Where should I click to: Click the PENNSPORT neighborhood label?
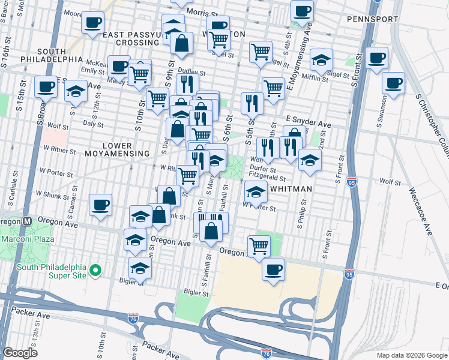(372, 19)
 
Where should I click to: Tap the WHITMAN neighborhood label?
(292, 189)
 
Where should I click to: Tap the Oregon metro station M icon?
(27, 221)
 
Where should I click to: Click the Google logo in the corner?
(20, 352)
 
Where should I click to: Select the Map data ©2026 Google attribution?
(412, 355)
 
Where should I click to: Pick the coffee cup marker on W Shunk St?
(100, 205)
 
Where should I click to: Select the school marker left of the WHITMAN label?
(256, 192)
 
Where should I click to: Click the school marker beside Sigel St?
(322, 59)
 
